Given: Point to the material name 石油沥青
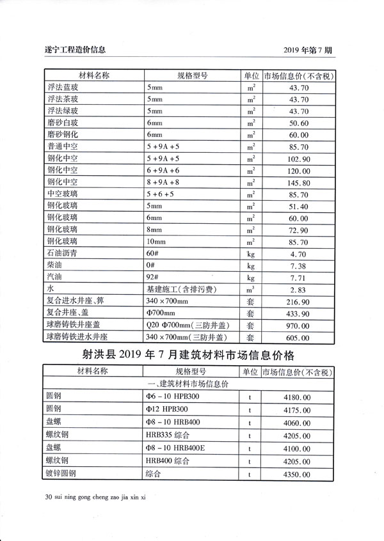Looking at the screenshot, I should click(62, 254).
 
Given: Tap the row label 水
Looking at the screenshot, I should click(51, 290).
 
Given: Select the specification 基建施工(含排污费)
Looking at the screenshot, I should click(181, 290).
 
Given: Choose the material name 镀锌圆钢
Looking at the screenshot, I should click(61, 474).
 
